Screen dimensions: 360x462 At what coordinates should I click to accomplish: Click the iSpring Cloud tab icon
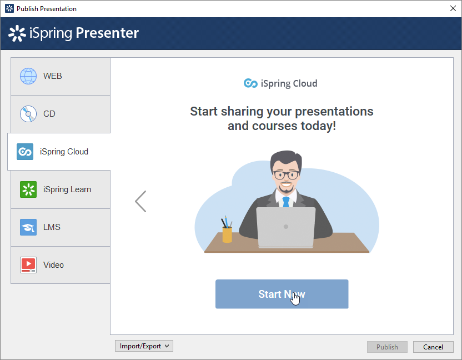tap(25, 152)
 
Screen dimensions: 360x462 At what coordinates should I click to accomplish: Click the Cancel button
tap(433, 347)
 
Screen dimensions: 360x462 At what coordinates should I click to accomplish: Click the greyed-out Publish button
tap(387, 347)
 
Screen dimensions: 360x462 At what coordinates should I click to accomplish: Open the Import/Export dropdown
tap(144, 346)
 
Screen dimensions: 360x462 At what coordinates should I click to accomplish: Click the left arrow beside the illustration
tap(140, 201)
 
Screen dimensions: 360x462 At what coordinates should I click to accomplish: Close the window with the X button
tap(452, 8)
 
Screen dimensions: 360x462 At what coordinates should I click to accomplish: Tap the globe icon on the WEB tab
tap(28, 76)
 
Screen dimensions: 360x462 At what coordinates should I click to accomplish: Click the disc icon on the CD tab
tap(28, 114)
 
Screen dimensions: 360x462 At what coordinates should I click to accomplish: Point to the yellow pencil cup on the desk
tap(227, 234)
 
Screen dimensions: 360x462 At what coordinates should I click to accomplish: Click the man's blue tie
tap(286, 202)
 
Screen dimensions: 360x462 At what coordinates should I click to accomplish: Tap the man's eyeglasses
tap(286, 175)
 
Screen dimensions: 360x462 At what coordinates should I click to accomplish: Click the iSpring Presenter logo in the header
tap(74, 33)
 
